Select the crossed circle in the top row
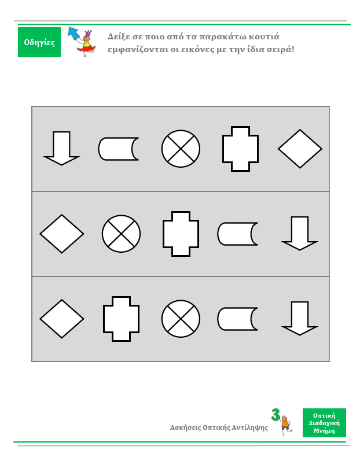pyautogui.click(x=181, y=149)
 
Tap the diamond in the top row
pyautogui.click(x=300, y=149)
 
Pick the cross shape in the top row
pyautogui.click(x=240, y=149)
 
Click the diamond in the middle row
pyautogui.click(x=62, y=234)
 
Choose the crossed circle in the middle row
pyautogui.click(x=121, y=234)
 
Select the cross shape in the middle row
pyautogui.click(x=181, y=234)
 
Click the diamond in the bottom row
pyautogui.click(x=62, y=319)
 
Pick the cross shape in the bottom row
pyautogui.click(x=121, y=319)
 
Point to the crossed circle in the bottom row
pyautogui.click(x=181, y=319)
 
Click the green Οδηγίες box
pyautogui.click(x=39, y=42)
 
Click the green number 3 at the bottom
pyautogui.click(x=275, y=415)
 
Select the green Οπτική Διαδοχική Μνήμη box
pyautogui.click(x=324, y=423)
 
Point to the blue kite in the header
pyautogui.click(x=74, y=33)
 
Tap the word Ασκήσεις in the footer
pyautogui.click(x=185, y=427)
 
